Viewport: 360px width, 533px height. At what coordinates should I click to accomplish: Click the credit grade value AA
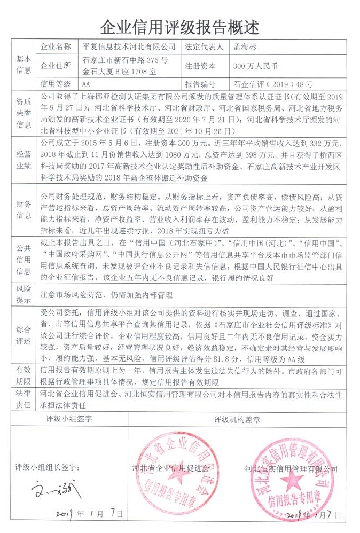tap(87, 84)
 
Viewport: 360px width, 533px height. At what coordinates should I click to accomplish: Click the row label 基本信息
tap(24, 65)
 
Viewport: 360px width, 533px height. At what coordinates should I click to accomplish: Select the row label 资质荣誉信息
tap(24, 113)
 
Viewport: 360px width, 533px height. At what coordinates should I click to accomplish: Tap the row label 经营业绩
tap(24, 159)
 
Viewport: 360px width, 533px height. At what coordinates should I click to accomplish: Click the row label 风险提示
tap(24, 294)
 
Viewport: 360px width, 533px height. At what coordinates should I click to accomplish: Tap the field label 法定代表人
tap(204, 47)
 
